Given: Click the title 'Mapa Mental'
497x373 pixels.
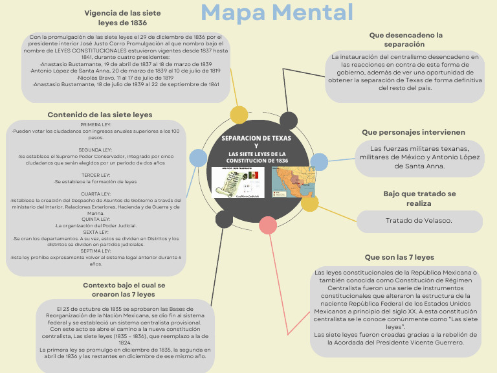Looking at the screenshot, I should (277, 12).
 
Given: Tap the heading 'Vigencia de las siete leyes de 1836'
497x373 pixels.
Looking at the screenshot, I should (123, 17).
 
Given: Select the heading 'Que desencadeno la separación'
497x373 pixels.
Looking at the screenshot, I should (406, 40).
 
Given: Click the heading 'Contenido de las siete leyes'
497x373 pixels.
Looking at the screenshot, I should (100, 115).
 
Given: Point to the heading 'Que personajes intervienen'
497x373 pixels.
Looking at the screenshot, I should (414, 132).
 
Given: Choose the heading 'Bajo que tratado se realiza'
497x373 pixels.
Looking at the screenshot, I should (419, 198).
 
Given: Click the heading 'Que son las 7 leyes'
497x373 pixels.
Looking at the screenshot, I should (399, 257).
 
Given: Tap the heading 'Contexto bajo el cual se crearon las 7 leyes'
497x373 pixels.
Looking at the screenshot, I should (124, 289).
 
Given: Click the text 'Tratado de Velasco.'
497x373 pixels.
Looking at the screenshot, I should (419, 221).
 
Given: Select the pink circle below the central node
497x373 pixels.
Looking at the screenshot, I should (268, 225).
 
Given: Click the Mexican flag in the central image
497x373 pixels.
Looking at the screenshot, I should (253, 175).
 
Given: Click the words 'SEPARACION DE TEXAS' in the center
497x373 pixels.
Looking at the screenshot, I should (256, 138).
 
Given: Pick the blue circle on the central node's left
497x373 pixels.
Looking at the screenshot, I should (198, 157).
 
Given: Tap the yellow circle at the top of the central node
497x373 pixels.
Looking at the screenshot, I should (239, 115).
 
